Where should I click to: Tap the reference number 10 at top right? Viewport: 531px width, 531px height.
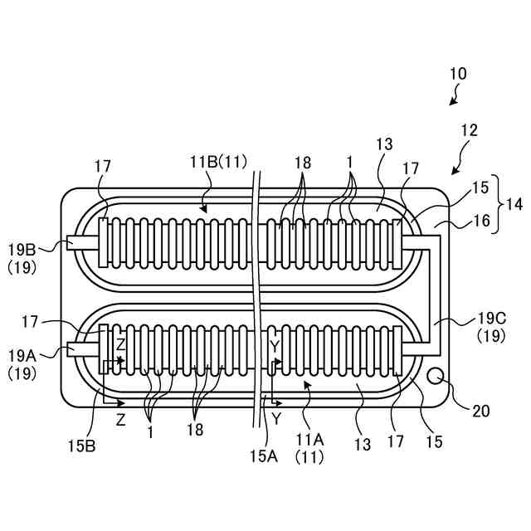[458, 74]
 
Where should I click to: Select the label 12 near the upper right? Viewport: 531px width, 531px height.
[469, 130]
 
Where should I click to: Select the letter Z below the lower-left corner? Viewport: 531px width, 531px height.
[120, 420]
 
